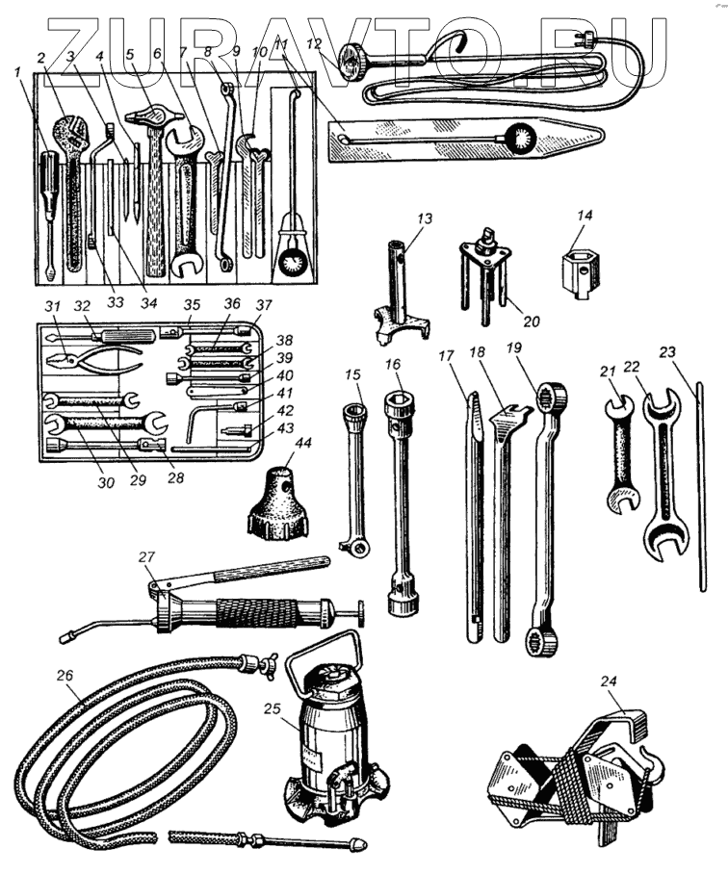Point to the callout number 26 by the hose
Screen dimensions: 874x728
click(x=64, y=676)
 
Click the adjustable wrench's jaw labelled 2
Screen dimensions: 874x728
click(x=69, y=129)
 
